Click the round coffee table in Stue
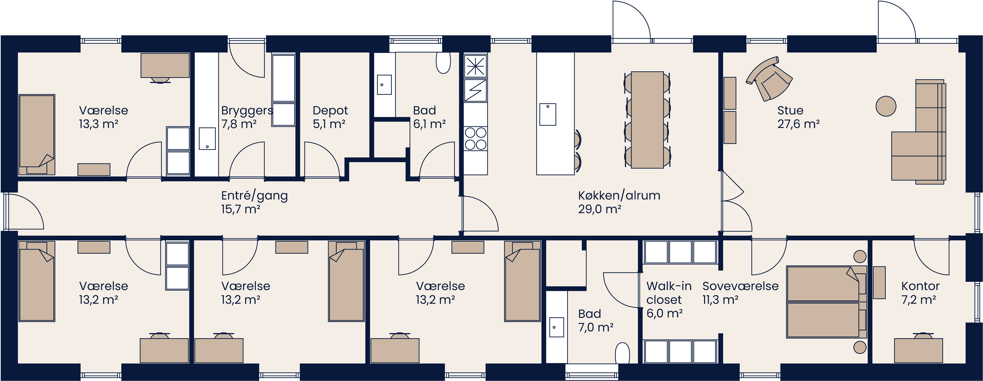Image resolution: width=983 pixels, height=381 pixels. click(x=886, y=106)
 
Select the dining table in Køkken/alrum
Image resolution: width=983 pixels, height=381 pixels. click(x=647, y=120)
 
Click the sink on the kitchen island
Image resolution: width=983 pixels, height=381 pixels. click(x=548, y=114)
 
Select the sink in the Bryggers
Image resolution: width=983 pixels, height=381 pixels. click(x=207, y=139)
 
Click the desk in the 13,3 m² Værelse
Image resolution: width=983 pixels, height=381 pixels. click(x=165, y=65)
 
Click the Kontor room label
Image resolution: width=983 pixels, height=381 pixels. click(x=920, y=286)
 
